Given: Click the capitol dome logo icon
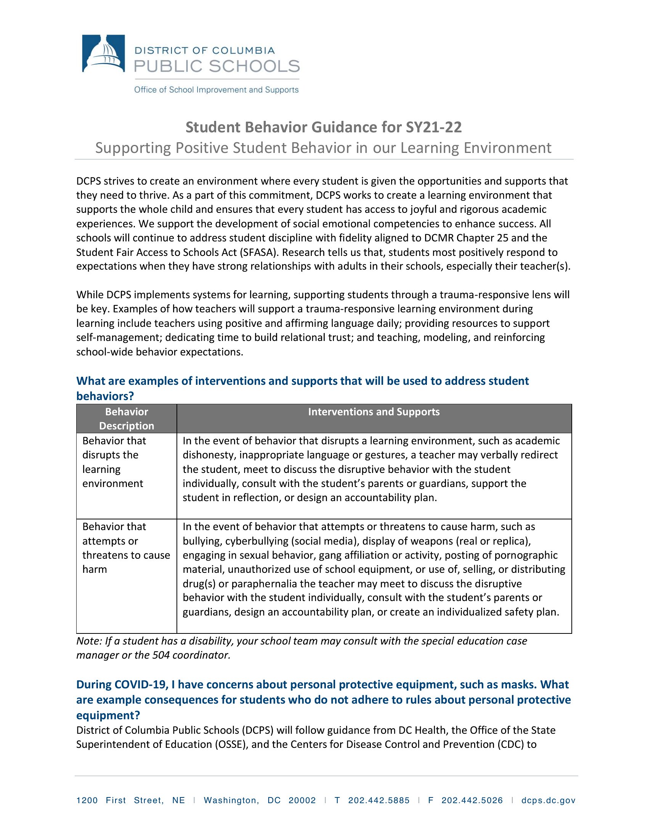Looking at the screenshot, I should point(103,53).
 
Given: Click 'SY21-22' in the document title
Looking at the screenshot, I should point(434,127).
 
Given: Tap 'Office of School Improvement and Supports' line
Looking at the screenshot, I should point(216,90).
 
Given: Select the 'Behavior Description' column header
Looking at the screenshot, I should point(127,419).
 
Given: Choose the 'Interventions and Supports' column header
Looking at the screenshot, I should point(374,412).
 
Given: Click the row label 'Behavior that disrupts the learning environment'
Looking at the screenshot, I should point(114,462).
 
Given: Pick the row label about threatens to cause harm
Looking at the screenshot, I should point(126,548).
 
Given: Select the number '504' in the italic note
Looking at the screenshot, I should point(161,655).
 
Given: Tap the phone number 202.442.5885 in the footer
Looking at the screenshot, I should point(379,800).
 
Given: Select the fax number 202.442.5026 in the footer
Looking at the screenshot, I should point(472,800).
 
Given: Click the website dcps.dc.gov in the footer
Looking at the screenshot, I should point(548,800).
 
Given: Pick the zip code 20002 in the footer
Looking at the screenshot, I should point(302,800).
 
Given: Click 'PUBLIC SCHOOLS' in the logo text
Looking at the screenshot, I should point(217,66).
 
